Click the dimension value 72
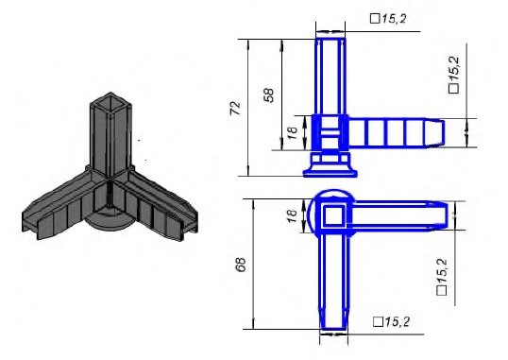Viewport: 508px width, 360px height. coord(236,109)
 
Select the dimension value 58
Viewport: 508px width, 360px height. coord(269,95)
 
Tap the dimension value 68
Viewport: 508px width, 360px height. coord(241,265)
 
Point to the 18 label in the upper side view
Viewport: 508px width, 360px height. coord(292,132)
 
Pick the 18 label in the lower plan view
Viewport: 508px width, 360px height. coord(292,215)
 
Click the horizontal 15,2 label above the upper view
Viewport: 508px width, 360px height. coord(388,19)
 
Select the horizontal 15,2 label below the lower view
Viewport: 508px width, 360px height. coord(391,322)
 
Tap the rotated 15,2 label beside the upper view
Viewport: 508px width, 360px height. coord(454,75)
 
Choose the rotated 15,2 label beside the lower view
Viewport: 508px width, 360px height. coord(443,277)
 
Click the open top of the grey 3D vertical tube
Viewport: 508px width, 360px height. coord(110,100)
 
